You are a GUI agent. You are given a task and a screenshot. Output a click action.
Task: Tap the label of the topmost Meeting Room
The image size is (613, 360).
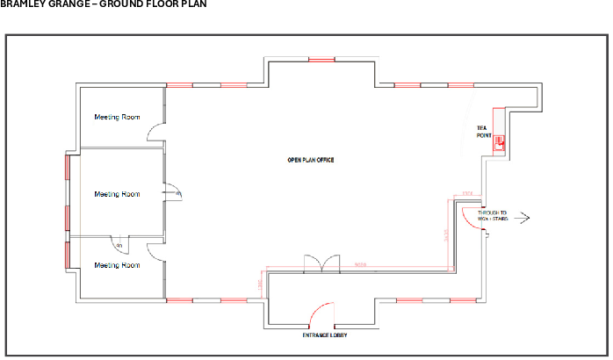(117, 117)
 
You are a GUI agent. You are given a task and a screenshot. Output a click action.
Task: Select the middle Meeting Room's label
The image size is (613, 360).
(117, 194)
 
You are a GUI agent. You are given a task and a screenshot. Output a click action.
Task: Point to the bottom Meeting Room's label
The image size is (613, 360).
(117, 265)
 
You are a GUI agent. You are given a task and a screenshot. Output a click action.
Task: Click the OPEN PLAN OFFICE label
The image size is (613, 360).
(311, 160)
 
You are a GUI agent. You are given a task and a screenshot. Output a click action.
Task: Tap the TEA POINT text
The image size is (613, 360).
(483, 132)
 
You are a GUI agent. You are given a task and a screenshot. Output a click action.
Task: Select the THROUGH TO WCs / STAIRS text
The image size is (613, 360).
(493, 215)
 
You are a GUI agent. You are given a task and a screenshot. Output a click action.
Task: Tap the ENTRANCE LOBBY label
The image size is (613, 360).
(323, 335)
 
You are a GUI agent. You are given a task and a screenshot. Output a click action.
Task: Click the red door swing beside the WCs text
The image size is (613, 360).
(475, 216)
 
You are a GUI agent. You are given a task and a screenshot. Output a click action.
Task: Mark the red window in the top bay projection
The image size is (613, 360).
(321, 60)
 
